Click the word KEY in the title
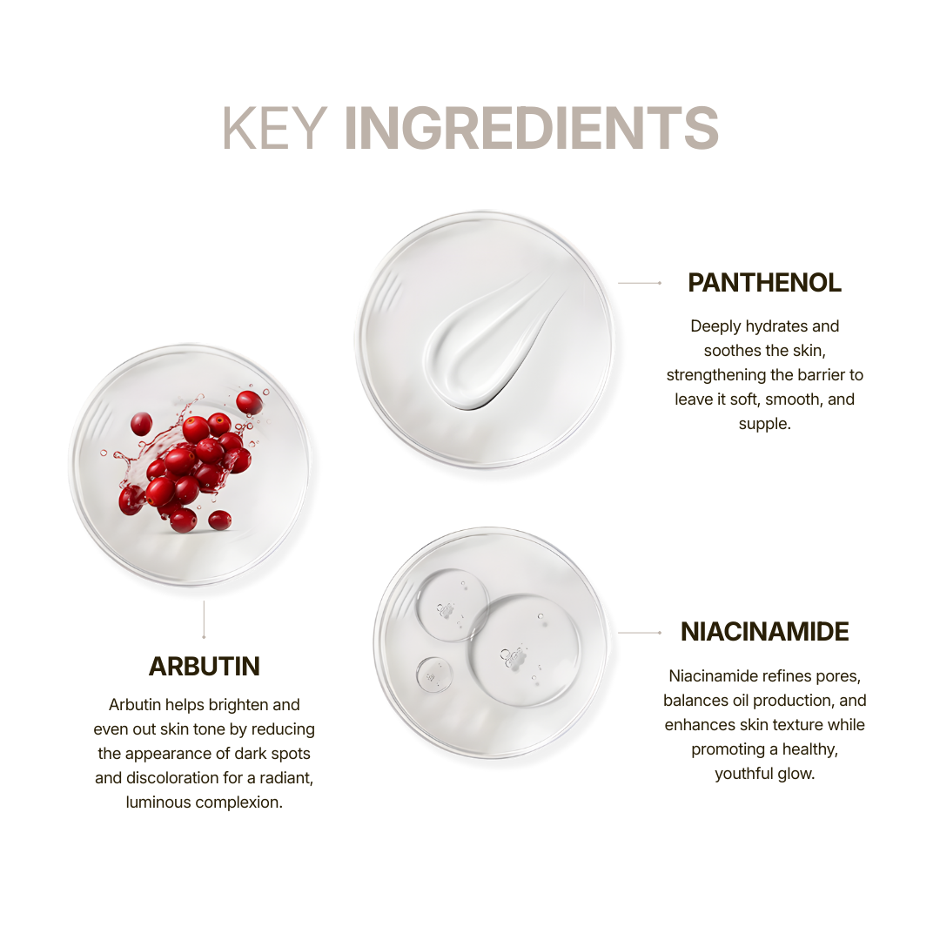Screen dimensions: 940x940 coord(274,128)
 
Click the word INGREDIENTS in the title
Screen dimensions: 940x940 coord(531,128)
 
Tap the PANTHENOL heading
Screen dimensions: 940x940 coord(764,283)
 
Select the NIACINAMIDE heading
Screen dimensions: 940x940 coord(764,632)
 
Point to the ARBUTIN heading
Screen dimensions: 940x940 coord(204,667)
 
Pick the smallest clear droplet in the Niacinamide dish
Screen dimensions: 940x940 coord(434,675)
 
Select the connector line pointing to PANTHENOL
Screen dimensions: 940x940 coord(640,283)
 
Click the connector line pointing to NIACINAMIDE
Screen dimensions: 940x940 coord(640,633)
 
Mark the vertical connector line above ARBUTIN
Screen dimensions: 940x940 coord(204,620)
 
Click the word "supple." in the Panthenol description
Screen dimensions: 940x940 coord(764,425)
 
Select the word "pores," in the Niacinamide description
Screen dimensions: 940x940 coord(840,677)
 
